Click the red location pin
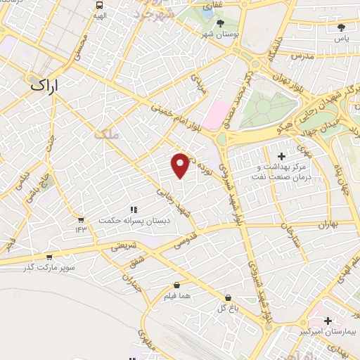(x=181, y=165)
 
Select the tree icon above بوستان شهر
(x=220, y=23)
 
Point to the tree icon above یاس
(x=342, y=27)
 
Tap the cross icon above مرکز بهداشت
(x=282, y=155)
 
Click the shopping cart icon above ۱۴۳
(x=81, y=220)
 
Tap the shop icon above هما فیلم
(x=176, y=285)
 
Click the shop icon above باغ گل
(x=227, y=298)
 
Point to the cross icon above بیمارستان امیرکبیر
(x=328, y=321)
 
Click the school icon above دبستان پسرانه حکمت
(x=132, y=209)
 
